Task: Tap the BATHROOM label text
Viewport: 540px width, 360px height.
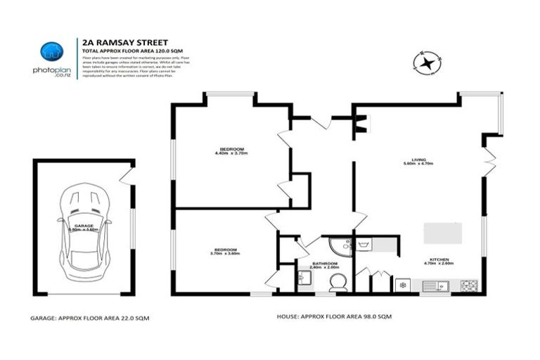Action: (326, 266)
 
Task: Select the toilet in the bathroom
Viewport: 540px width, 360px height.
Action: (337, 282)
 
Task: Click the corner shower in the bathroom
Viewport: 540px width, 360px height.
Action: (342, 245)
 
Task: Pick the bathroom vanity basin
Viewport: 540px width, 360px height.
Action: (304, 280)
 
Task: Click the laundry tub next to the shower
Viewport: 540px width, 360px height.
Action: (364, 245)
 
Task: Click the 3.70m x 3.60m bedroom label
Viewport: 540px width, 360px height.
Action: (226, 251)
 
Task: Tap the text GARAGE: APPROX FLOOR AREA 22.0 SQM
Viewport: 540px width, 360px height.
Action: (90, 318)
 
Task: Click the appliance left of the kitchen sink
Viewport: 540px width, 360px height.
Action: (404, 285)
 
